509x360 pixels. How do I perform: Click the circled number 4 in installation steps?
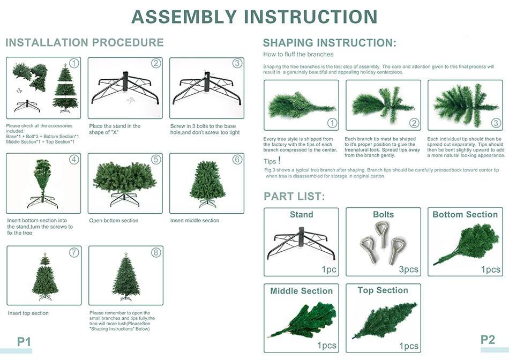(74, 160)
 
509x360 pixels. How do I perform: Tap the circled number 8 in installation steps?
(156, 252)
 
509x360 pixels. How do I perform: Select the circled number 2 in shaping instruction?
(414, 123)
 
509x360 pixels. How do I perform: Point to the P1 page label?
(24, 341)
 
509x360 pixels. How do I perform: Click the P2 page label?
(488, 340)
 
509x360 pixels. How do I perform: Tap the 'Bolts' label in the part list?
(384, 215)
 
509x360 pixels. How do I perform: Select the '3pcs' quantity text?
(408, 269)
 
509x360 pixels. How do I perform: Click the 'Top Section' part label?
(383, 290)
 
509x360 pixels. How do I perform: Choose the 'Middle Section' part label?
(301, 291)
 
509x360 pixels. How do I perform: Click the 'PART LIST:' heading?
(294, 197)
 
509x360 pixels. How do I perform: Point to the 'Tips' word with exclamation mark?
(272, 161)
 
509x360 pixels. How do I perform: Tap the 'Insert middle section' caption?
(195, 220)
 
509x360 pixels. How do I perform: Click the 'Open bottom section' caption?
(114, 220)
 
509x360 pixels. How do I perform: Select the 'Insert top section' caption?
(28, 313)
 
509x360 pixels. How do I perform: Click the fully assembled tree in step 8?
(125, 276)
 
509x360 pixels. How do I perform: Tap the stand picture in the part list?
(301, 243)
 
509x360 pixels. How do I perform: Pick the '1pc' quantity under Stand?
(328, 269)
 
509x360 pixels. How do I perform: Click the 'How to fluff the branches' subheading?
(298, 55)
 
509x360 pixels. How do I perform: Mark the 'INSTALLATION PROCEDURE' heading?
(85, 42)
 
